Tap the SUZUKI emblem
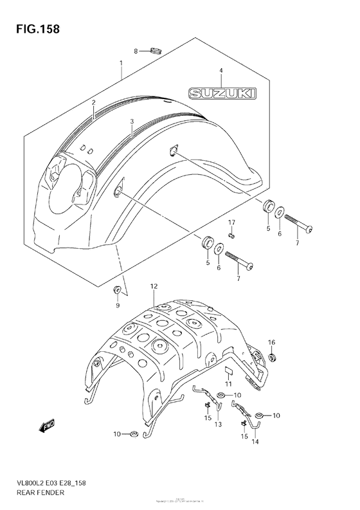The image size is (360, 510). (220, 95)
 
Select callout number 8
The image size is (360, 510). (136, 51)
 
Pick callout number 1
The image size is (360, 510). (120, 63)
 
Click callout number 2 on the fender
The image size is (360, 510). (93, 102)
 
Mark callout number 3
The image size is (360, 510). (131, 120)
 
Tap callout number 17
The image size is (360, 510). (231, 222)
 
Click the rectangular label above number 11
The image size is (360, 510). (228, 371)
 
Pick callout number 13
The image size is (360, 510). (217, 424)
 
